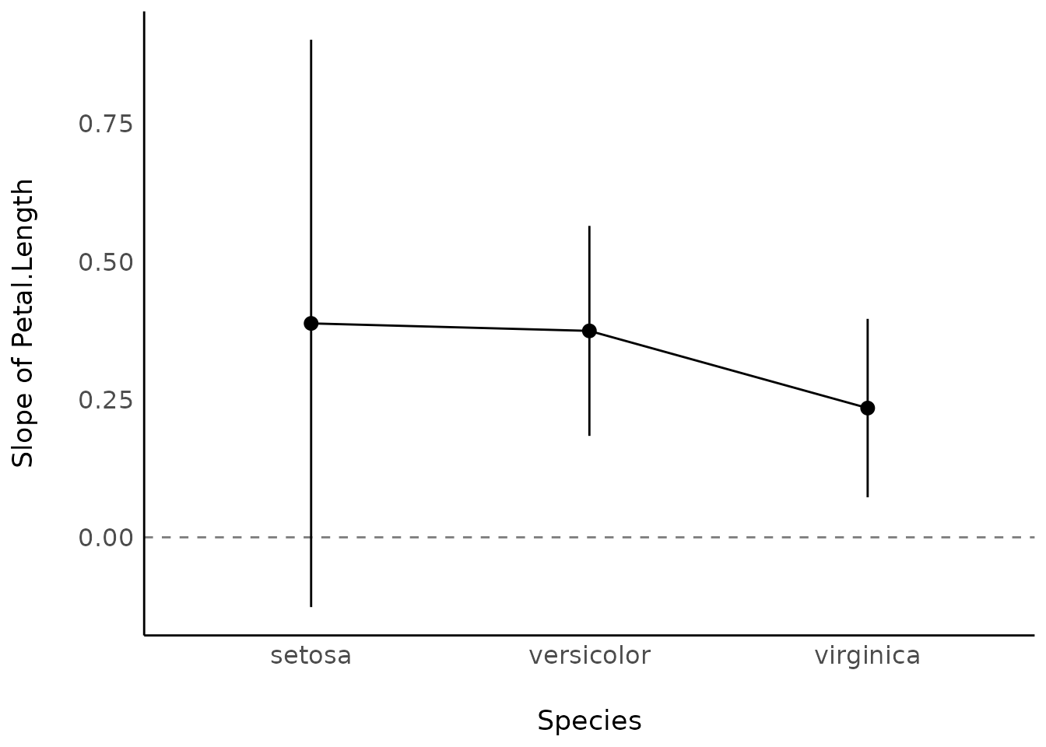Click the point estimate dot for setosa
coord(311,323)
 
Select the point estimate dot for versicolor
coord(589,331)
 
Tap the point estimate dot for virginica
coord(867,408)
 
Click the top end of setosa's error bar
coord(311,40)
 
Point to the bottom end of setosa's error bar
coord(311,605)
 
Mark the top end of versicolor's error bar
coord(589,226)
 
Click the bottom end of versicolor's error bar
coord(589,434)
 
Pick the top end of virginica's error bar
coord(867,319)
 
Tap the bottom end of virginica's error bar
coord(867,496)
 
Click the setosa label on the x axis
coord(311,656)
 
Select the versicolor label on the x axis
coord(589,656)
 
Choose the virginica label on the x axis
coord(867,656)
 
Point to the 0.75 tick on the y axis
coord(106,124)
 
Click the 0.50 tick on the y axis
coord(106,261)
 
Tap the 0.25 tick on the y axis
coord(106,399)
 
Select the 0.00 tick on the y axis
coord(106,537)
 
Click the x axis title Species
coord(589,721)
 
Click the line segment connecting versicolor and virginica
coord(728,369)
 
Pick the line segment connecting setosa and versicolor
coord(450,327)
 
